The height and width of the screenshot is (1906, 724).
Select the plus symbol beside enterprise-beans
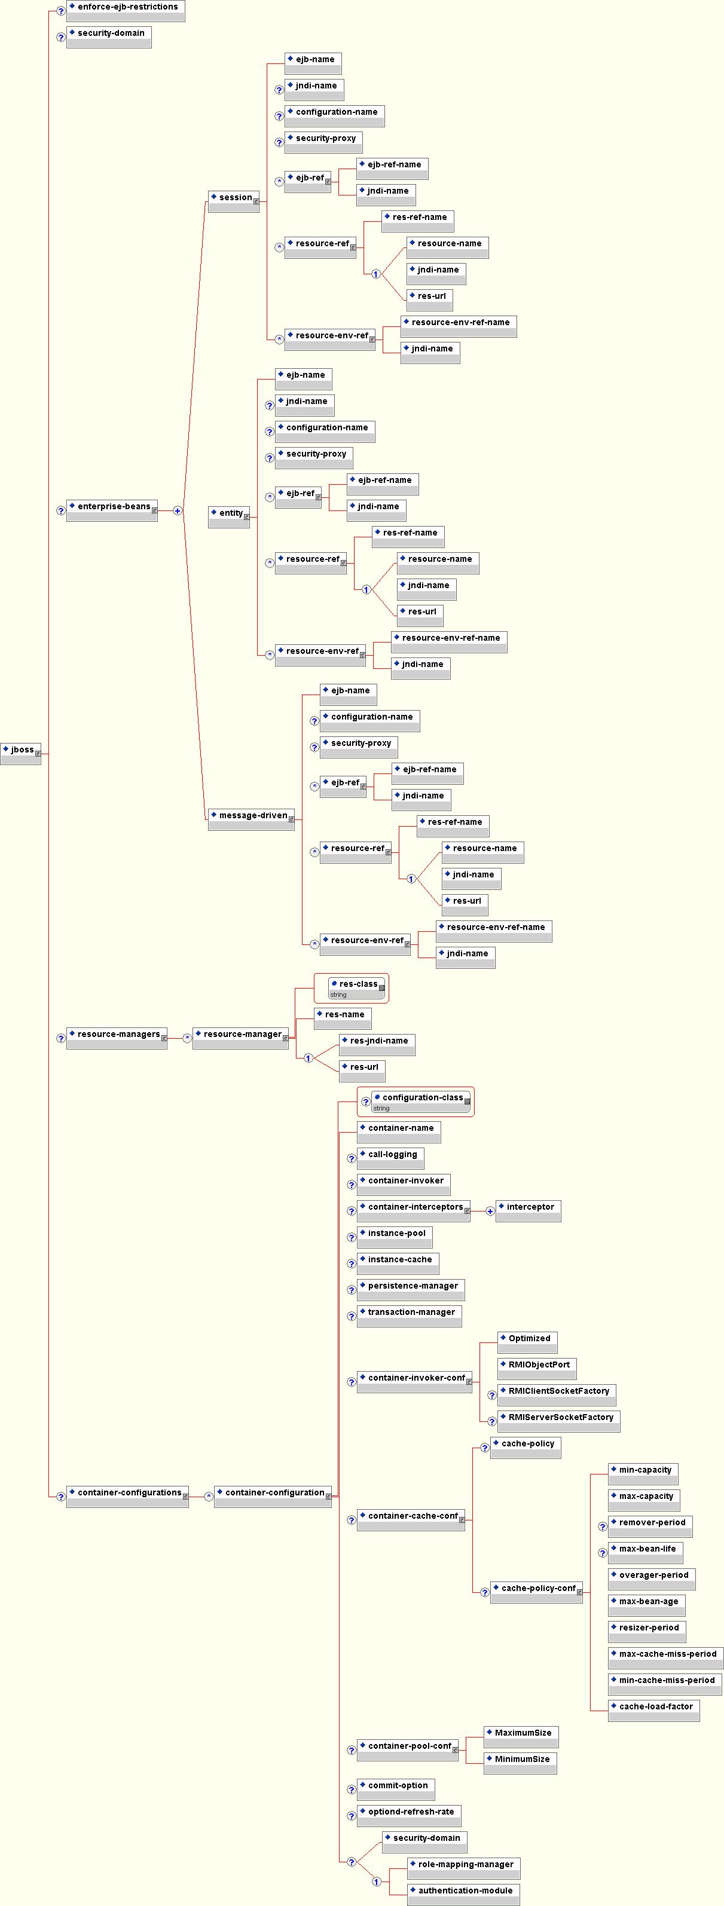(178, 510)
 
